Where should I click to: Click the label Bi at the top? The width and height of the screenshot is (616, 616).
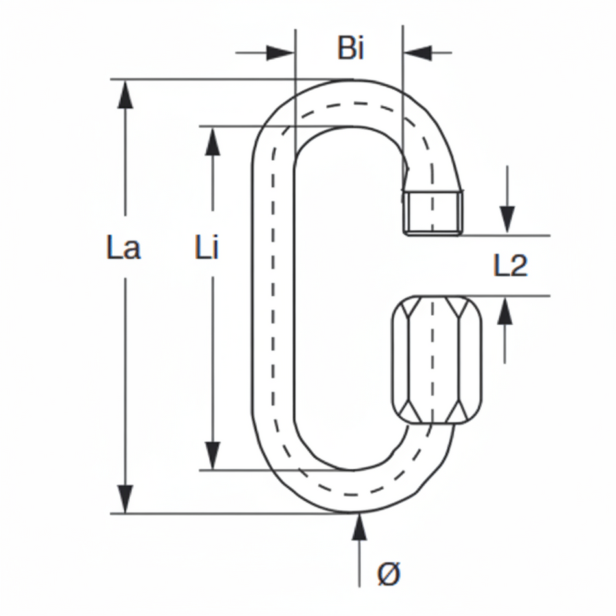(x=350, y=49)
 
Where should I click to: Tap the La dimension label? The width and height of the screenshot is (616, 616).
(x=123, y=248)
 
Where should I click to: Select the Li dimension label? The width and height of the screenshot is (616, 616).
(x=207, y=248)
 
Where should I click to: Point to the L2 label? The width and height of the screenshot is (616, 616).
(x=511, y=266)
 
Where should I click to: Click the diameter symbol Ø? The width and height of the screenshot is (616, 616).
(x=389, y=574)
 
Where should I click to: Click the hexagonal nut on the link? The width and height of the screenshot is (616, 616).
(x=437, y=360)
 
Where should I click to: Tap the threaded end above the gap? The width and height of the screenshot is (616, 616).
(x=432, y=213)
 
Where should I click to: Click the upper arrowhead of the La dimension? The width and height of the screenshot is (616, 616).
(x=125, y=94)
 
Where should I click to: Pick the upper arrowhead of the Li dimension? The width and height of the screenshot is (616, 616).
(x=212, y=141)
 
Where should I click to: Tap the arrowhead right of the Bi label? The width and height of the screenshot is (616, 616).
(x=418, y=52)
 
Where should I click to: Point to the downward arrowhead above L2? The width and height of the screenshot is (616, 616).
(x=507, y=219)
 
